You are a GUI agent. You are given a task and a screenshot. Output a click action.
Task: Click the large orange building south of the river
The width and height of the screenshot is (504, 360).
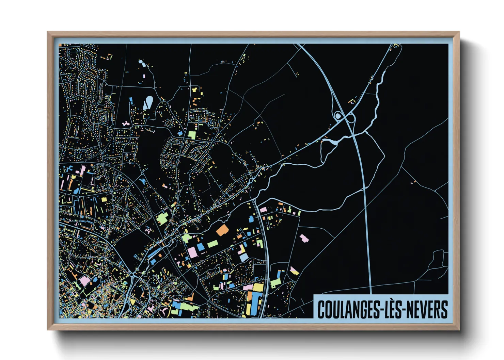[222, 230]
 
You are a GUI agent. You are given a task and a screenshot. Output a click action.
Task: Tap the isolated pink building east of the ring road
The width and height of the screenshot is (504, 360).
[304, 238]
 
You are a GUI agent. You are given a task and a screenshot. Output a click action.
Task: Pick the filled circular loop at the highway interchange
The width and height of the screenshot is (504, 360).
[338, 116]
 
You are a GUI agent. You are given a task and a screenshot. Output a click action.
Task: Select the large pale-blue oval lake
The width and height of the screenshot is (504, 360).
[148, 102]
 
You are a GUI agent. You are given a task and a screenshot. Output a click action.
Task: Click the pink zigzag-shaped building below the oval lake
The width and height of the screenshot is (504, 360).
[126, 124]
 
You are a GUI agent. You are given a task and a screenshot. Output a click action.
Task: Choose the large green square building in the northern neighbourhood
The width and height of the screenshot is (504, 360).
[192, 135]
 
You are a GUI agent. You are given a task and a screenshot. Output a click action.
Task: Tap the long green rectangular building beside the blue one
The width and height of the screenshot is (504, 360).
[212, 244]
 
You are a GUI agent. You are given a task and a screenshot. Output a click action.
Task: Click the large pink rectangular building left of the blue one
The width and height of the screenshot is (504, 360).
[192, 252]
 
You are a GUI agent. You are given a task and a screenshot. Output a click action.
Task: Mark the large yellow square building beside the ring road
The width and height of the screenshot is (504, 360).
[258, 288]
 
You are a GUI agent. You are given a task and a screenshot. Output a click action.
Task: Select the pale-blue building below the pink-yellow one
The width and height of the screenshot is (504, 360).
[244, 257]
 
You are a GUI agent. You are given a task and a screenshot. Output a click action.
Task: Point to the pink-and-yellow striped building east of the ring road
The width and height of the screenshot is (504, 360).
[294, 271]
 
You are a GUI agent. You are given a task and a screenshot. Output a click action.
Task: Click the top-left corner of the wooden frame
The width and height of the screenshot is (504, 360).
[48, 32]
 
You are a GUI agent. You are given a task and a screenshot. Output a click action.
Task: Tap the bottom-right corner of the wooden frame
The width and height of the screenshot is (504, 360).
[459, 329]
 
